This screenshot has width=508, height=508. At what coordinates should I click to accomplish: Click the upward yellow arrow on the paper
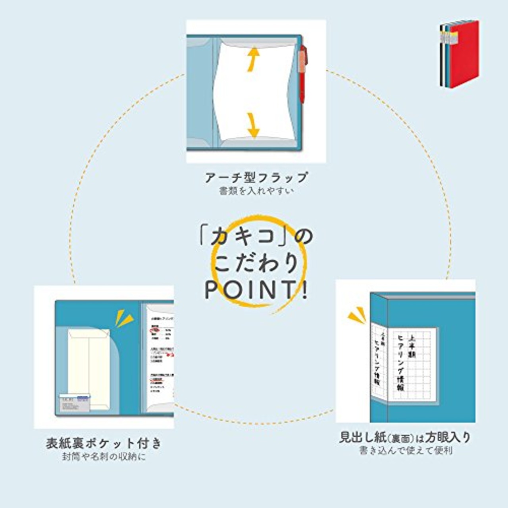[x=253, y=60]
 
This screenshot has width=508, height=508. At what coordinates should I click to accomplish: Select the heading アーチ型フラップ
[x=256, y=177]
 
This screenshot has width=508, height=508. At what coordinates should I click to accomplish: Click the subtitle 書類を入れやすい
[x=256, y=191]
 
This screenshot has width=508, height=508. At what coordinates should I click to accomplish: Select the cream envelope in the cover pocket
[x=88, y=365]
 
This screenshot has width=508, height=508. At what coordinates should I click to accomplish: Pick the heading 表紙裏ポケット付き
[x=104, y=443]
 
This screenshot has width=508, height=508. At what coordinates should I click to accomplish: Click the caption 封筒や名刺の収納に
[x=104, y=457]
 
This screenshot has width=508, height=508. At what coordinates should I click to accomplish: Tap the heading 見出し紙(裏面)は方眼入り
[x=405, y=437]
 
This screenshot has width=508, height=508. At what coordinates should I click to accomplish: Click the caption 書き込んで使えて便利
[x=405, y=451]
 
